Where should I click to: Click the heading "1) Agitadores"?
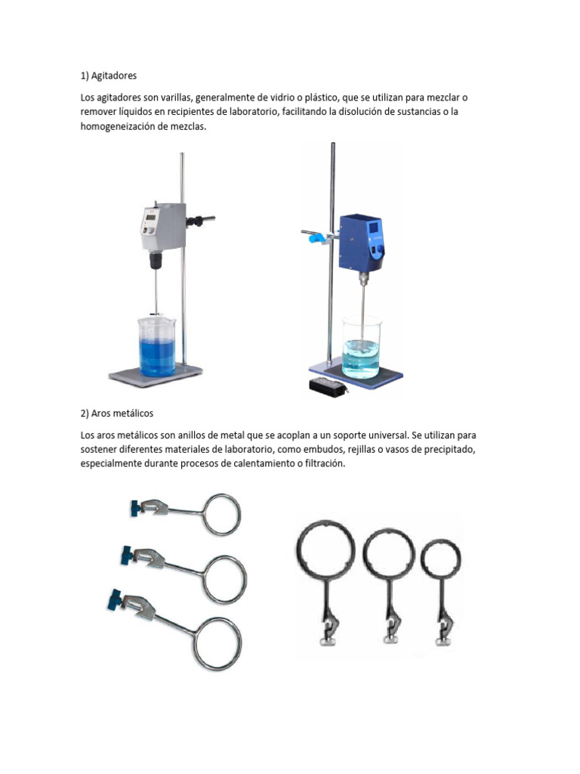coord(109,76)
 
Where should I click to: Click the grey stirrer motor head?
coord(162,229)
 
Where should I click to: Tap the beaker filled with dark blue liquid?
coord(156,348)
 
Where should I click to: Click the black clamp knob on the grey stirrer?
coord(199,221)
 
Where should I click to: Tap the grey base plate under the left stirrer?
coord(156,373)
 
